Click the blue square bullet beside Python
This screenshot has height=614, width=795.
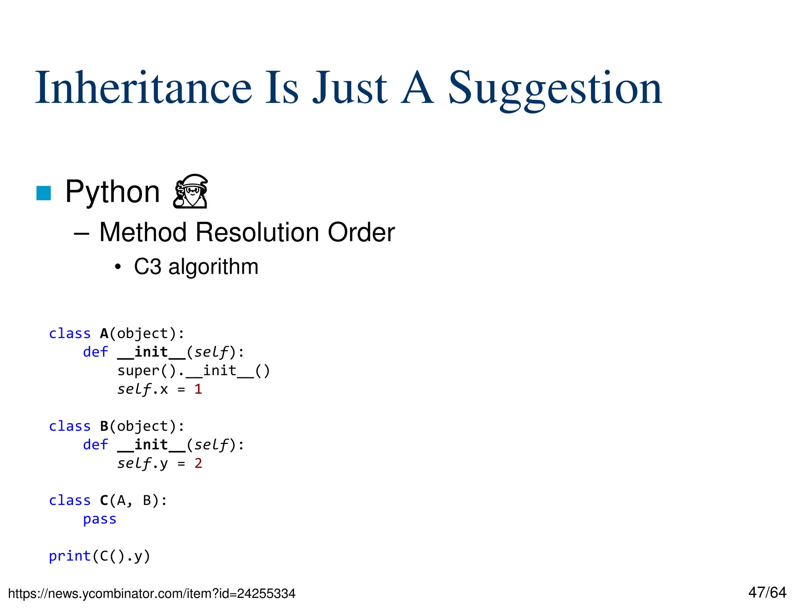[43, 193]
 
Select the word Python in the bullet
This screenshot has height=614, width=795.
[112, 192]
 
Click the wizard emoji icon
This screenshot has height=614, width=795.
[191, 191]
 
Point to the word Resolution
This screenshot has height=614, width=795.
[257, 232]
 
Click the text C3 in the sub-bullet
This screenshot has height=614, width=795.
[147, 267]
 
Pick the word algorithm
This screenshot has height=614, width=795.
[213, 267]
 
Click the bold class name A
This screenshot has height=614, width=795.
[104, 334]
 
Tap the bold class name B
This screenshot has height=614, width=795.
[104, 427]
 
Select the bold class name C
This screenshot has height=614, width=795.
[104, 501]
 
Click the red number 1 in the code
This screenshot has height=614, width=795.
[198, 389]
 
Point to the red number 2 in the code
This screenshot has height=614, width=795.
[198, 463]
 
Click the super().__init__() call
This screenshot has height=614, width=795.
[193, 371]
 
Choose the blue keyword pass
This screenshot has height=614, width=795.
[99, 519]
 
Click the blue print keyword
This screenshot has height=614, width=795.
[70, 556]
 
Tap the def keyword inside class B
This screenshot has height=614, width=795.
[95, 445]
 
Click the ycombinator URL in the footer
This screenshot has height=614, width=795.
[152, 593]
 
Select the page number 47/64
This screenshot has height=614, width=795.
[767, 592]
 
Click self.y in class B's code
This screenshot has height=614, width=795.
[142, 463]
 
